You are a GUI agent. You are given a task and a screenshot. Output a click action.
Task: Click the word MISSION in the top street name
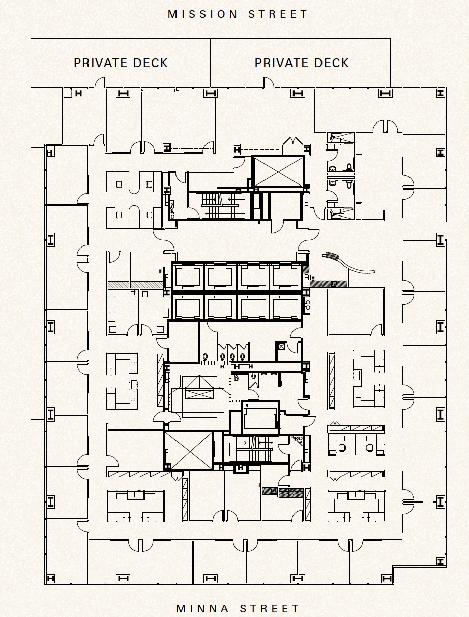(203, 14)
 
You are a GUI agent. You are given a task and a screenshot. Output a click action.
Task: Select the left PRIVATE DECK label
(121, 63)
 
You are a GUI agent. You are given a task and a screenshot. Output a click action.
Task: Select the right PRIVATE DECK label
(302, 63)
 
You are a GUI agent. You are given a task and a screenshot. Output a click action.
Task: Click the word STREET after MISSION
(278, 14)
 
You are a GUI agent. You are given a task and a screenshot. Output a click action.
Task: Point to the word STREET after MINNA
(270, 608)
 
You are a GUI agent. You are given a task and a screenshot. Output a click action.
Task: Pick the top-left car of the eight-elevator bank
(188, 276)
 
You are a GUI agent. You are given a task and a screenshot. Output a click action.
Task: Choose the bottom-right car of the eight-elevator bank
(285, 307)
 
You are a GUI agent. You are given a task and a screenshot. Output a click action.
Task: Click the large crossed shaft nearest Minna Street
(189, 450)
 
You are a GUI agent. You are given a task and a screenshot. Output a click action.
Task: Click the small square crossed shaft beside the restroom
(281, 346)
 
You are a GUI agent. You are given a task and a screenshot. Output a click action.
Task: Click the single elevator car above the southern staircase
(260, 418)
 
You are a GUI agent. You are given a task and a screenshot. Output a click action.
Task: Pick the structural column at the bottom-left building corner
(50, 578)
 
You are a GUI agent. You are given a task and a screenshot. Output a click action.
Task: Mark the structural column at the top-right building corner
(440, 93)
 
